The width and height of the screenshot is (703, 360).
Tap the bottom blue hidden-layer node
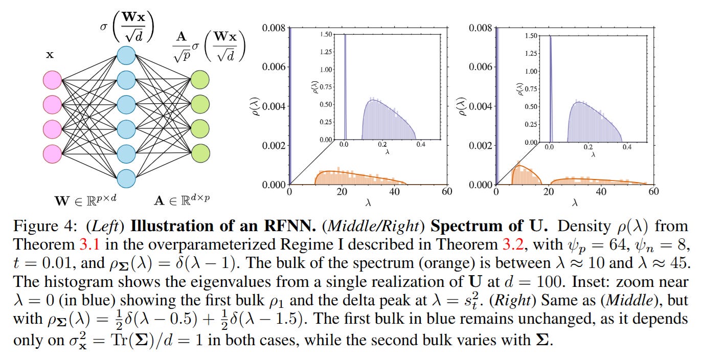(x=126, y=178)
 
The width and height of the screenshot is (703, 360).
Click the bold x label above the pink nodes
(x=50, y=55)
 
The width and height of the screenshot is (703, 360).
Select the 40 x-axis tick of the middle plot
(x=394, y=192)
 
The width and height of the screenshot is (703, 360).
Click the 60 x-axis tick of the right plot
(x=653, y=192)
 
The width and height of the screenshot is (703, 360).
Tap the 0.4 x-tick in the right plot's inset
(x=627, y=146)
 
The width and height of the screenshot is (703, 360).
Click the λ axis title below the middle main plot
(x=368, y=203)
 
